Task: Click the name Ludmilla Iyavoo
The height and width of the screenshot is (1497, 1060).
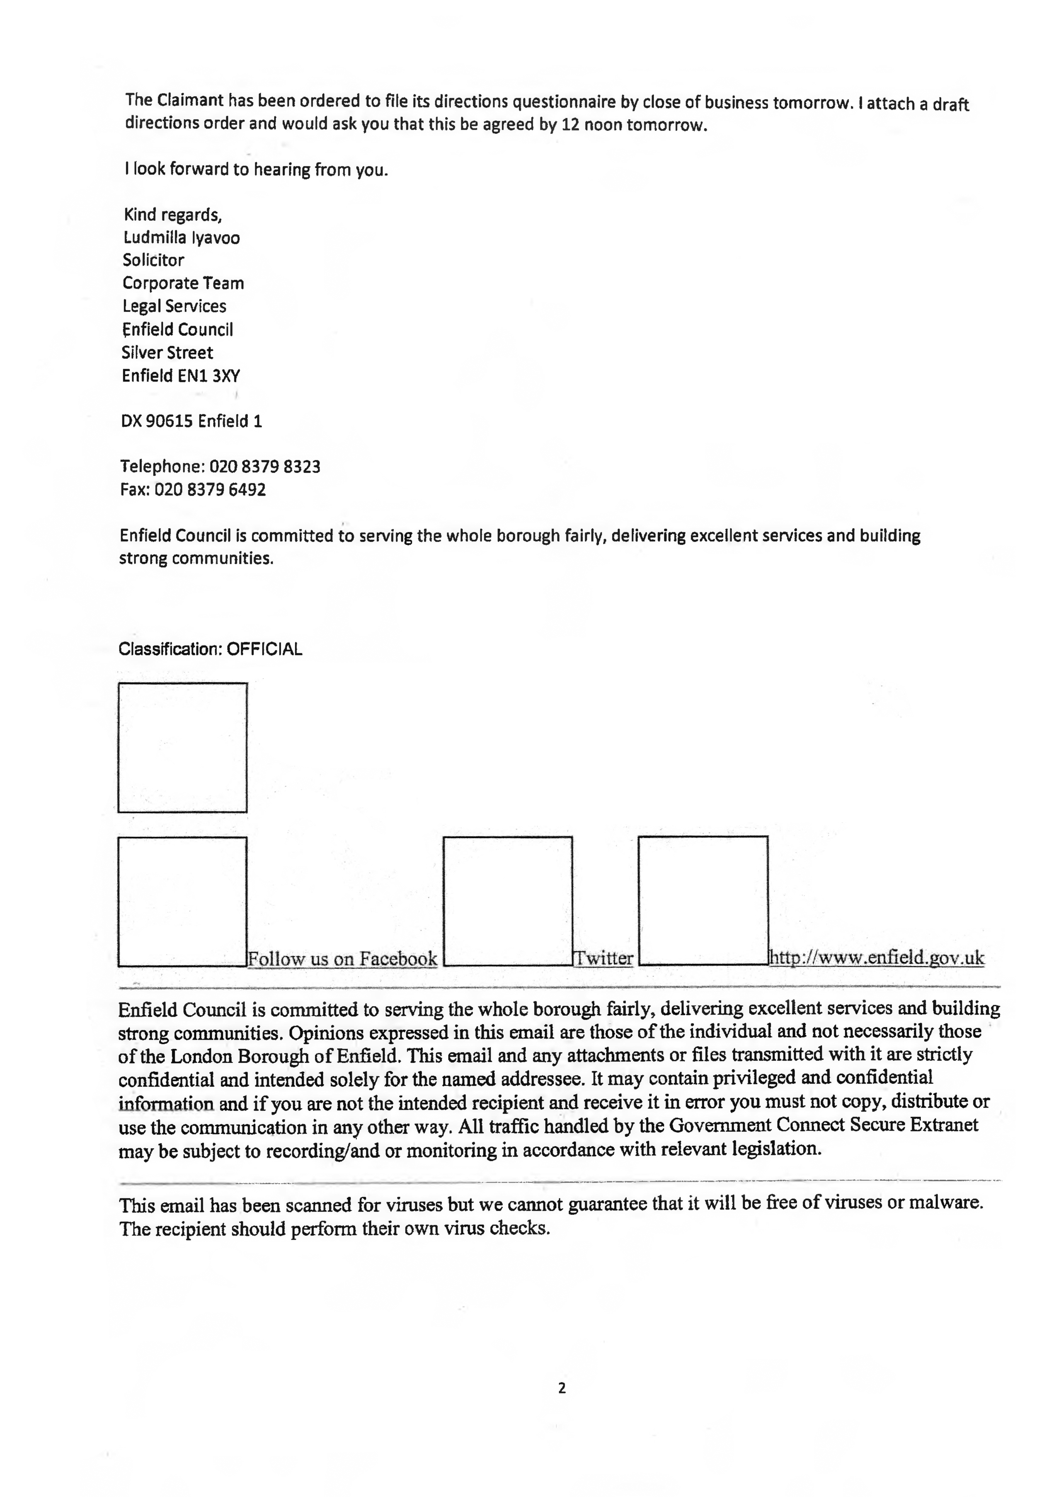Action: click(x=181, y=238)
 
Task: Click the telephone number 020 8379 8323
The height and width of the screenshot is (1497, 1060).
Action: click(x=264, y=467)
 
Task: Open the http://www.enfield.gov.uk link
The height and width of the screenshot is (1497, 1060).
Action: click(x=877, y=958)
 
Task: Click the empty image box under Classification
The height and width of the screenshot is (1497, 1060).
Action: click(x=183, y=748)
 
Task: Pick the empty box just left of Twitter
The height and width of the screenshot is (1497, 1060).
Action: click(x=508, y=901)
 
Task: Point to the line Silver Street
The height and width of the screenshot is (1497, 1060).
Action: click(x=167, y=353)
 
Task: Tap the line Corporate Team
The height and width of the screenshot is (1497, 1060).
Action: click(x=183, y=284)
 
